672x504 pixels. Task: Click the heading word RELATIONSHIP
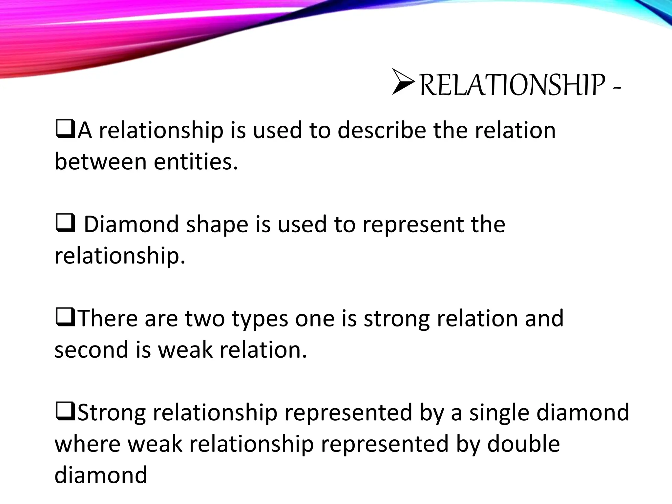pyautogui.click(x=512, y=85)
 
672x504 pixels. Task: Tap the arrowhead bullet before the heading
pyautogui.click(x=404, y=82)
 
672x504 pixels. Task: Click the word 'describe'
pyautogui.click(x=382, y=131)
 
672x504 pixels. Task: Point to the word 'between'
pyautogui.click(x=100, y=162)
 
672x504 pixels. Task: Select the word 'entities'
pyautogui.click(x=196, y=162)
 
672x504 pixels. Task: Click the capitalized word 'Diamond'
pyautogui.click(x=131, y=225)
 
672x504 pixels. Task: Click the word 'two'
pyautogui.click(x=205, y=319)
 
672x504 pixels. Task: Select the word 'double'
pyautogui.click(x=523, y=444)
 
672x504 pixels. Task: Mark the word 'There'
pyautogui.click(x=108, y=319)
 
